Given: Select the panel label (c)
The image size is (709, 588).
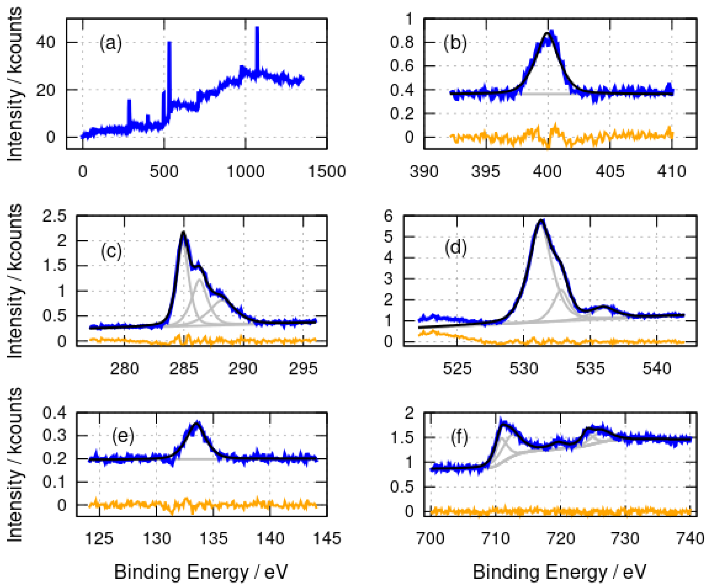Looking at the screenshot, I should [111, 251].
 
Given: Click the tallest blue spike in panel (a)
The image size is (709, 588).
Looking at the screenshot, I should [257, 28].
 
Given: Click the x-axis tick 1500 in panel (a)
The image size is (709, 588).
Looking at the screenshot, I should [327, 172].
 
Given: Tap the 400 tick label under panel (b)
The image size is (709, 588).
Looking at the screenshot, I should [547, 172].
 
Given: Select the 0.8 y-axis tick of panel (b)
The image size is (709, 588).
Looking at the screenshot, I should [402, 43].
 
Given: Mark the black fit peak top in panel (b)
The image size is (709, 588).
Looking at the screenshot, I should [547, 33].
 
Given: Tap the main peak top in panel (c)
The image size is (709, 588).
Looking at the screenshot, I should [183, 232].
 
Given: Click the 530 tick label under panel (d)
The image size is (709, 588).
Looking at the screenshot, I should [524, 369].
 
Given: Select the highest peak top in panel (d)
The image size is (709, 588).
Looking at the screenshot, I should [541, 221].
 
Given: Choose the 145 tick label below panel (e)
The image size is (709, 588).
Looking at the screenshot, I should [327, 539].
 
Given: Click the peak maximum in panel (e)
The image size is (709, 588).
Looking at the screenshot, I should [197, 424].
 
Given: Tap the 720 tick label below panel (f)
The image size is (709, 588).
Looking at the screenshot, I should [561, 539].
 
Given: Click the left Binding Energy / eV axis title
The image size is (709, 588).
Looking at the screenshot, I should [201, 572].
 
